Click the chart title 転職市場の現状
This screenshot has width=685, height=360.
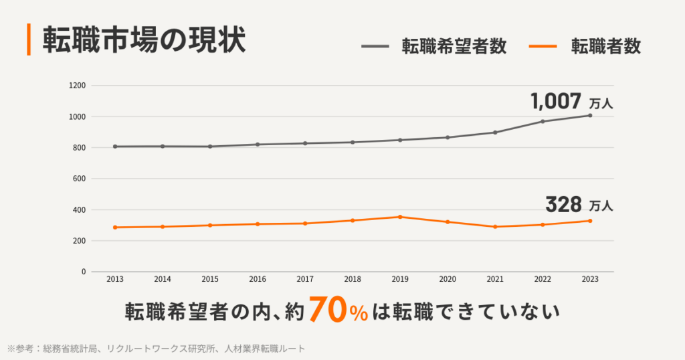144,40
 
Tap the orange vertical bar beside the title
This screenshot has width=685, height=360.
29,40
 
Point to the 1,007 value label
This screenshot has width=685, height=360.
556,102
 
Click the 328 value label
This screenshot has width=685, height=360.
563,203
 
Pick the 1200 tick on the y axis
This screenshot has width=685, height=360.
78,86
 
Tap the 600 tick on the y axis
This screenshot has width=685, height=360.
80,179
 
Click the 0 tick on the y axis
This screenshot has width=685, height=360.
84,272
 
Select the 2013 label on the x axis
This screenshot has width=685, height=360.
115,279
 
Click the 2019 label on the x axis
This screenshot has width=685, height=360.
400,279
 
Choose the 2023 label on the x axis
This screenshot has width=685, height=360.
590,279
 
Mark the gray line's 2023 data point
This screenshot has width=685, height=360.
590,115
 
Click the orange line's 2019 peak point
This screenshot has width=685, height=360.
400,217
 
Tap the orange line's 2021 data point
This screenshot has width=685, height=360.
495,227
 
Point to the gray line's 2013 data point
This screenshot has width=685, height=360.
115,147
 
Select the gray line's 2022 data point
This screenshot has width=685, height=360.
543,121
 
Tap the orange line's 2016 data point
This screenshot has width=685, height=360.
258,223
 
